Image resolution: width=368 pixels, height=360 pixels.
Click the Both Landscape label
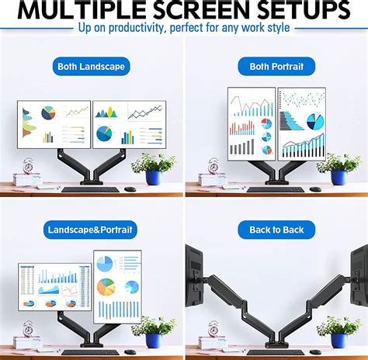pyautogui.click(x=91, y=66)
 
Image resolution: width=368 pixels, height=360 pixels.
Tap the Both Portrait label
pyautogui.click(x=276, y=66)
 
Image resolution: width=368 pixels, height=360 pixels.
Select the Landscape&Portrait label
pyautogui.click(x=91, y=230)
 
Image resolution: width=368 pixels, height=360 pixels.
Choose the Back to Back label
pyautogui.click(x=276, y=230)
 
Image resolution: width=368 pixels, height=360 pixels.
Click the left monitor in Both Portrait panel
pyautogui.click(x=252, y=123)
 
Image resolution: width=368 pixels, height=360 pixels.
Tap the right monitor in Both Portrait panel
pyautogui.click(x=302, y=123)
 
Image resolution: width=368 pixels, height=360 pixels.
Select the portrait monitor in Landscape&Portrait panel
pyautogui.click(x=117, y=285)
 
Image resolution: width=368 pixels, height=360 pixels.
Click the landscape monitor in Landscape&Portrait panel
pyautogui.click(x=54, y=287)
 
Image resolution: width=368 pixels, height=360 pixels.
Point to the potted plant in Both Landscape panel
pyautogui.click(x=153, y=168)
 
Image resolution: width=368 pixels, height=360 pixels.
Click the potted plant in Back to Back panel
pyautogui.click(x=338, y=331)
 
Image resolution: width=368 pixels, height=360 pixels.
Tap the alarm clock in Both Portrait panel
pyautogui.click(x=214, y=167)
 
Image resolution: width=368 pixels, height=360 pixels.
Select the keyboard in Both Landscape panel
pyautogui.click(x=91, y=189)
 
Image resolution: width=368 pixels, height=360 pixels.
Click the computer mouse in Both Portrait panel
pyautogui.click(x=314, y=189)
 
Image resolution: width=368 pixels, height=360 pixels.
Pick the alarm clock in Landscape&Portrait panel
pyautogui.click(x=29, y=331)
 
